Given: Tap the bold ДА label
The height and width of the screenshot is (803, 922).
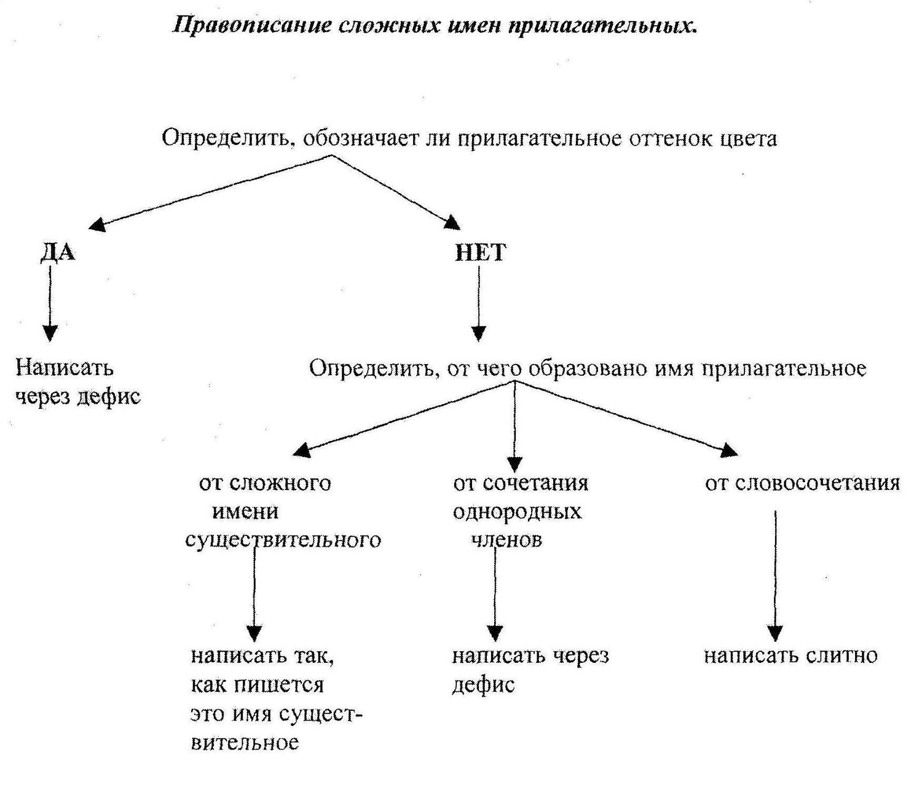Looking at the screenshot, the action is pos(58,252).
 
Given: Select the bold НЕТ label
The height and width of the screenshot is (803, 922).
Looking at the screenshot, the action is pos(481,252).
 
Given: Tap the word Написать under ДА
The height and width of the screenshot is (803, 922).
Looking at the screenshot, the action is pos(65,368).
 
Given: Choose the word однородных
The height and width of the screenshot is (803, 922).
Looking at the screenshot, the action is pos(517,512).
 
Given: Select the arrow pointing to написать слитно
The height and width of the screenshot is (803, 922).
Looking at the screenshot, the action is pos(775,576).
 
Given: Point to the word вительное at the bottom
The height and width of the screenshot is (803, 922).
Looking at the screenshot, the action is pos(245,743).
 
